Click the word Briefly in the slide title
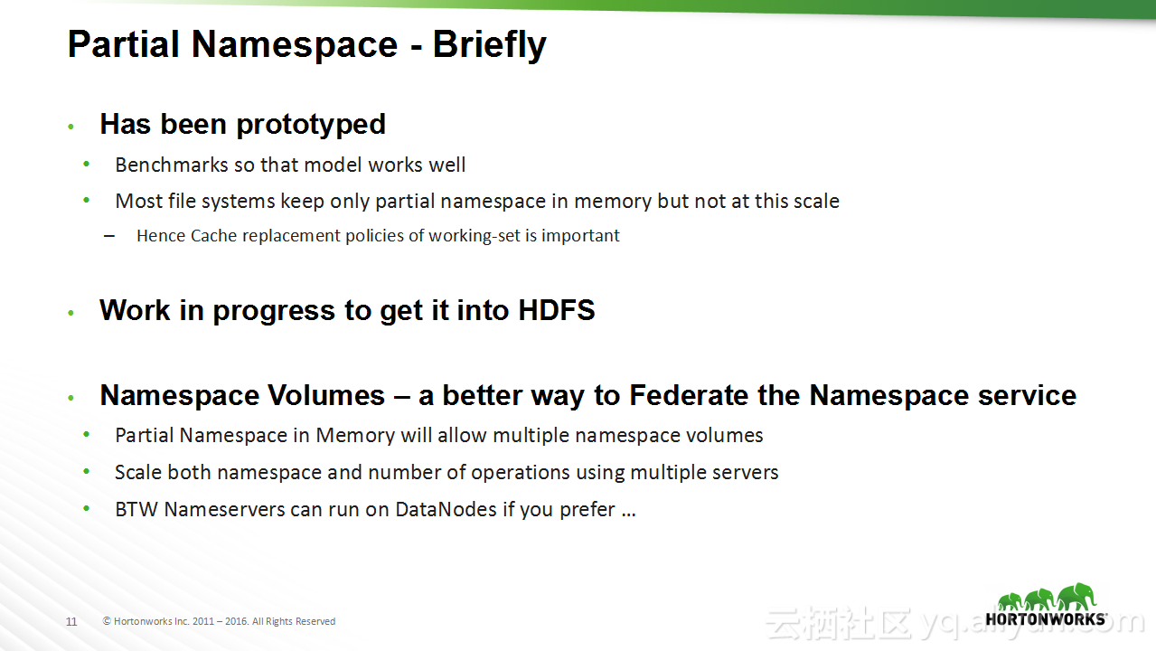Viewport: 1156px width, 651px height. click(489, 45)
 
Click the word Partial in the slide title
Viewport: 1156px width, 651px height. click(123, 44)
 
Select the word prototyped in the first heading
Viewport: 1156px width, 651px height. click(311, 126)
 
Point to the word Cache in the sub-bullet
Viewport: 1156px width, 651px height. click(213, 235)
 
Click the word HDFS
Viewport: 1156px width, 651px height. click(557, 310)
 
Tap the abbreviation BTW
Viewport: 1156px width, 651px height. click(136, 510)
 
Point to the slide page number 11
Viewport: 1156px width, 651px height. click(71, 621)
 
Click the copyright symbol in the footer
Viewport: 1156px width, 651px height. click(107, 621)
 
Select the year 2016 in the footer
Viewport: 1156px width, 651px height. click(237, 621)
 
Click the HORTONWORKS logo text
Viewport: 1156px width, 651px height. click(1046, 619)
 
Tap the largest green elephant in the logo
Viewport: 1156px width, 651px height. click(1076, 596)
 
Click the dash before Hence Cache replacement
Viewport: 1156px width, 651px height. click(108, 237)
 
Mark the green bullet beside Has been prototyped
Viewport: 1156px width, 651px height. click(71, 127)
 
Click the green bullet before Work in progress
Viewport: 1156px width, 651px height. click(71, 313)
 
